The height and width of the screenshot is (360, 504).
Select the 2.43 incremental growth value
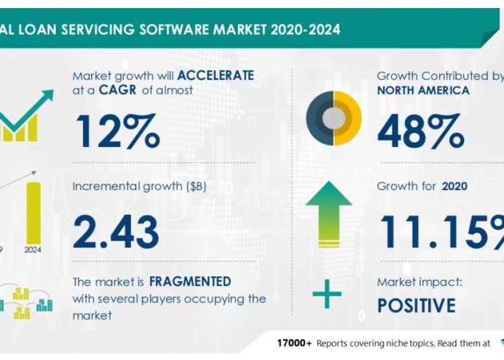[x=117, y=231]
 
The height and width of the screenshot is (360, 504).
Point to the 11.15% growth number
[x=441, y=231]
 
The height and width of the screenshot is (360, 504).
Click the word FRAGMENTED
[x=191, y=281]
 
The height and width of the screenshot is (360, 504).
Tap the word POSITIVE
[x=416, y=306]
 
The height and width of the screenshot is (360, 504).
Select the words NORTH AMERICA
[x=423, y=90]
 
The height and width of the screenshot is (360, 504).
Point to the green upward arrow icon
[x=329, y=214]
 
